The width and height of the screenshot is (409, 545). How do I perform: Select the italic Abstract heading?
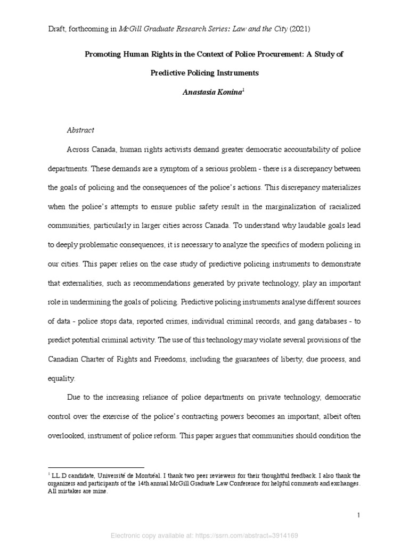pyautogui.click(x=80, y=130)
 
